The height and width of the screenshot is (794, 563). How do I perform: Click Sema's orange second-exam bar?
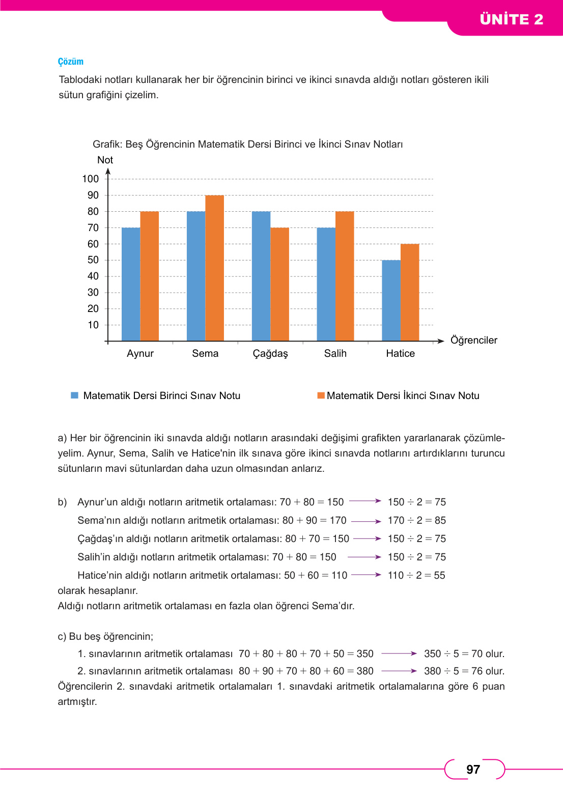[214, 268]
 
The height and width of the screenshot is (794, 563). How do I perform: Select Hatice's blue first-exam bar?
[391, 300]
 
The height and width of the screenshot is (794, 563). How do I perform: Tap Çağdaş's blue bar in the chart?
[261, 276]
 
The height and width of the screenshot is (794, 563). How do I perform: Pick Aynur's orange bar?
[149, 276]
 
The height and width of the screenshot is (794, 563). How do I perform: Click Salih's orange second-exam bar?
[345, 276]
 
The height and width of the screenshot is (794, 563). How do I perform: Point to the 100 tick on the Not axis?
[91, 179]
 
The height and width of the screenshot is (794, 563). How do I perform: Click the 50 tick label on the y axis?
[93, 260]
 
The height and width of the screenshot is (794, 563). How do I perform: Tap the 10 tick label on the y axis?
[93, 325]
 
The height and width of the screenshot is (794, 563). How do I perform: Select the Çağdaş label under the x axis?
[270, 354]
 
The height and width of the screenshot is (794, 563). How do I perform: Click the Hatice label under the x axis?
[400, 354]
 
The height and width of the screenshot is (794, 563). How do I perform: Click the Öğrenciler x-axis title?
[473, 341]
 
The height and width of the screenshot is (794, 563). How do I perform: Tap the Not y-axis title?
[105, 160]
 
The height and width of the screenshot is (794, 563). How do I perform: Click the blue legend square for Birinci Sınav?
[75, 395]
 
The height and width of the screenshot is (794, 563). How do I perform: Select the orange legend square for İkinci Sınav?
[321, 395]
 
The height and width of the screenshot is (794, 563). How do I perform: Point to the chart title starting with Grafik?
[247, 145]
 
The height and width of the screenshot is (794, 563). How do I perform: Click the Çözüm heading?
[71, 62]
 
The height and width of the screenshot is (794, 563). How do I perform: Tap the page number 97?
[473, 770]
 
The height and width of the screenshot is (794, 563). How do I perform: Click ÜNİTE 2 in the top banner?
[511, 19]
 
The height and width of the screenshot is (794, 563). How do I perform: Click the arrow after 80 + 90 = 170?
[366, 521]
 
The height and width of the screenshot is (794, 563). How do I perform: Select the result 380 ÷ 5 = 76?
[464, 671]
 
